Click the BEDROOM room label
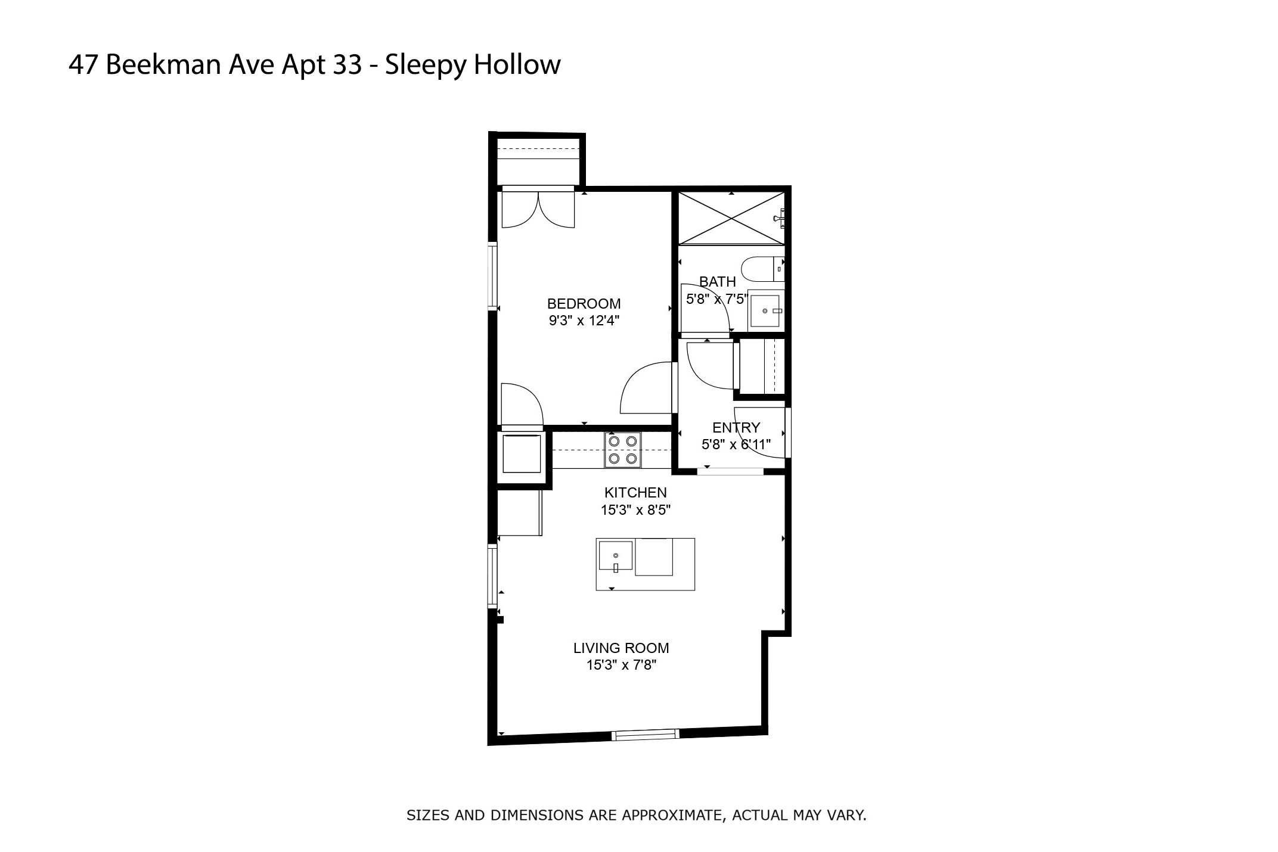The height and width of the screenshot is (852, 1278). click(x=584, y=304)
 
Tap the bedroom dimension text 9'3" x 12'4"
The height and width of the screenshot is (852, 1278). click(x=584, y=321)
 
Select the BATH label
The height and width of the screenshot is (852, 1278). click(x=717, y=281)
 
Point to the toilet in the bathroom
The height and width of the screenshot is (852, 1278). click(x=761, y=269)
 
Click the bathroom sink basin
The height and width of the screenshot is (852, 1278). click(x=765, y=310)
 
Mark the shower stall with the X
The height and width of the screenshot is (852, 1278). click(x=731, y=218)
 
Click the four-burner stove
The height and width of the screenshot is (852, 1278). click(x=622, y=450)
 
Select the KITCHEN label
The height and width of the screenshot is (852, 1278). click(x=635, y=493)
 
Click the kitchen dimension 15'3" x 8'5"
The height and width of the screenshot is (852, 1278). click(x=635, y=510)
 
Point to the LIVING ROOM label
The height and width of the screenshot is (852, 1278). click(x=621, y=648)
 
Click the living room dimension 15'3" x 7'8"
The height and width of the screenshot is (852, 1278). click(x=621, y=665)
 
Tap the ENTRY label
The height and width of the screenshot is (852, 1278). click(x=736, y=428)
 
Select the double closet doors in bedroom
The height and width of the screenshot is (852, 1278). click(x=538, y=209)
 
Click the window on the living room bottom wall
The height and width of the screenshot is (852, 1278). click(x=645, y=735)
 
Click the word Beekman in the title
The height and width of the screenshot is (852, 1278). click(x=164, y=64)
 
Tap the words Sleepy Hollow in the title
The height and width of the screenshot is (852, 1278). click(x=473, y=64)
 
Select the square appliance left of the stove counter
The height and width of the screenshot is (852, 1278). click(x=522, y=454)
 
